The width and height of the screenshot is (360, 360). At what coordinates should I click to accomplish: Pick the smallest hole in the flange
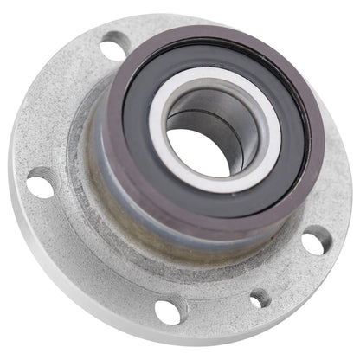(260, 299)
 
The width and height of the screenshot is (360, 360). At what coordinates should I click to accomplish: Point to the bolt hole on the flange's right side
(313, 241)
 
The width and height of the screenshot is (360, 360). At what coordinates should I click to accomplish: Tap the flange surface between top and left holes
(65, 104)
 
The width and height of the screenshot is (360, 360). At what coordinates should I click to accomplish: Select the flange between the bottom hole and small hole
(216, 303)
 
